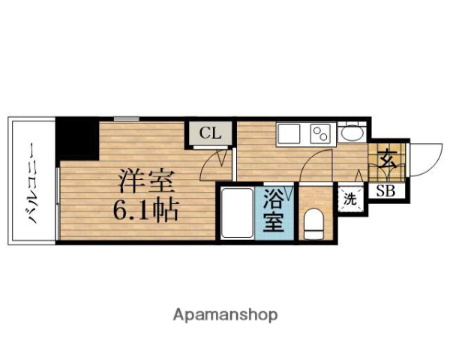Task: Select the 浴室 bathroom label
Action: (x=273, y=212)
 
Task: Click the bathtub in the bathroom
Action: (x=237, y=214)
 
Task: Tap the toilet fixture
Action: (x=314, y=222)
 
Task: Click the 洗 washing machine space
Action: (x=350, y=199)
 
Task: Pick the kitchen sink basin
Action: (x=289, y=136)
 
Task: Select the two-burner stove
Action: (x=321, y=136)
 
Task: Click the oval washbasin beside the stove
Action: (x=350, y=135)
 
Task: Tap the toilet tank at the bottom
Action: (x=314, y=234)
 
